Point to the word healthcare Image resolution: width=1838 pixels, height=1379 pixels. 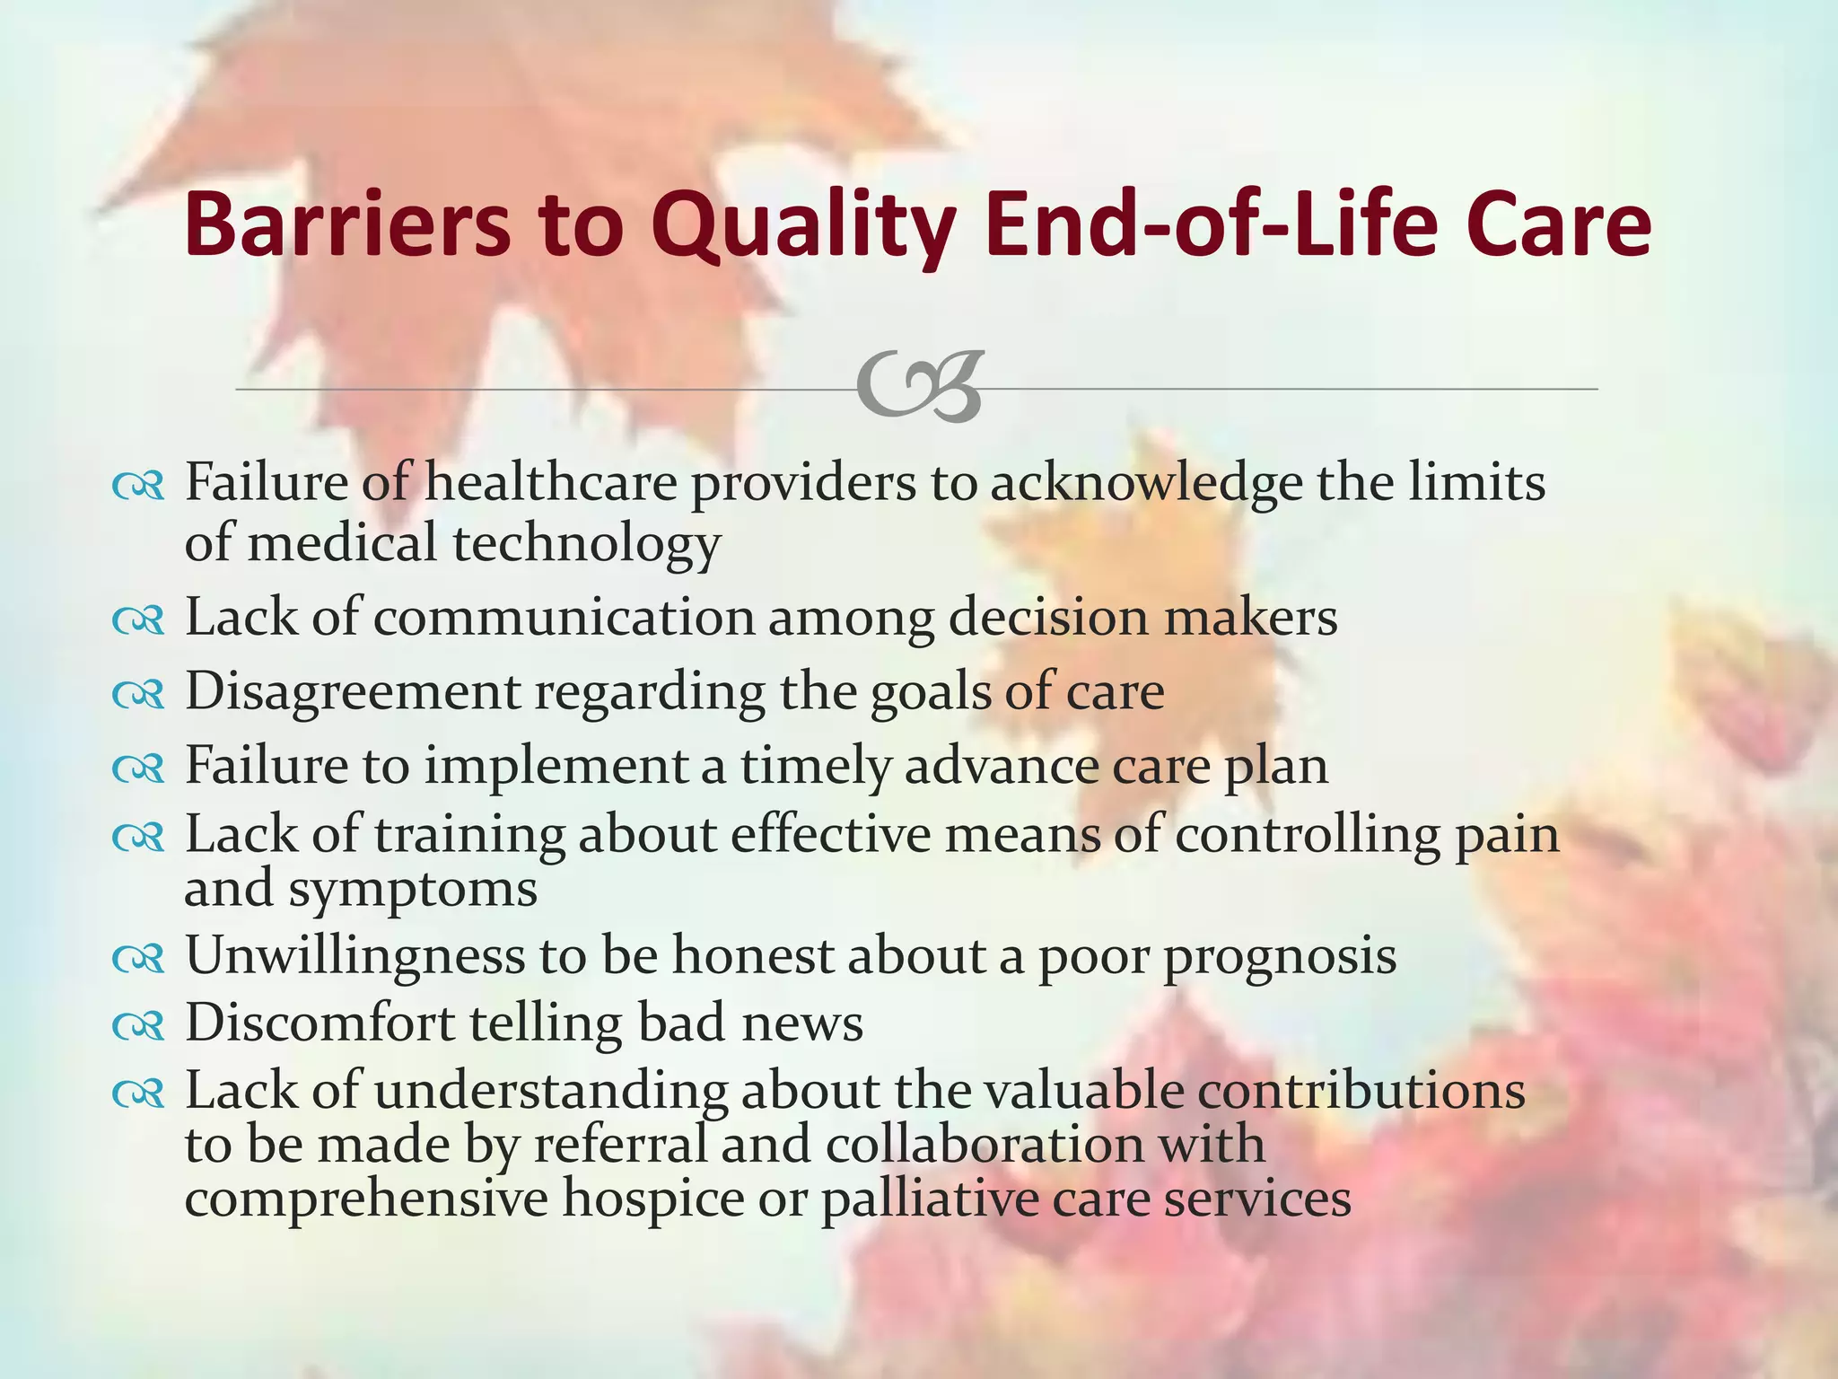click(550, 482)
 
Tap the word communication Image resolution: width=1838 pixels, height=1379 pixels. click(564, 618)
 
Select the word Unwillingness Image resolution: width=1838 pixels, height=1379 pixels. click(354, 957)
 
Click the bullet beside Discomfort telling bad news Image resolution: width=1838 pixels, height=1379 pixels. click(138, 1025)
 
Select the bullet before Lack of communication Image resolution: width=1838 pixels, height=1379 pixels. click(138, 620)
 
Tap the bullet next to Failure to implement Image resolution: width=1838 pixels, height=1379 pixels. click(138, 769)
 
